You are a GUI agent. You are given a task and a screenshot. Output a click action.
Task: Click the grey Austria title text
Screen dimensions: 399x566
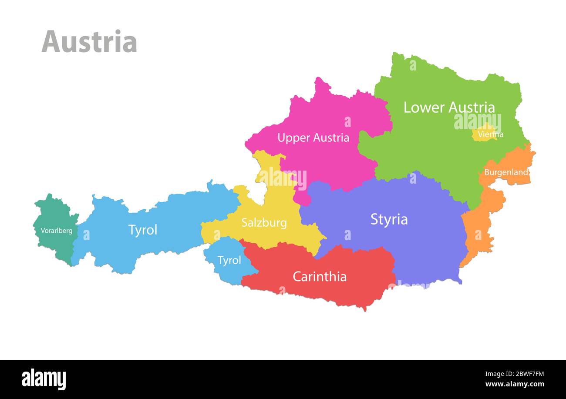(x=89, y=42)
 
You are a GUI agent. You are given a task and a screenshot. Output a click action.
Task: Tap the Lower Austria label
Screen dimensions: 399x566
(x=449, y=107)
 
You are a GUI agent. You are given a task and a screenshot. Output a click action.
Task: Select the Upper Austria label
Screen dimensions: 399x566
(x=313, y=138)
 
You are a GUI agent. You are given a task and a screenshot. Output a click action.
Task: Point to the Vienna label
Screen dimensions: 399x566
(x=490, y=134)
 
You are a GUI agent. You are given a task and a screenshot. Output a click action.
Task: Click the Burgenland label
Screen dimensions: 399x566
(x=506, y=172)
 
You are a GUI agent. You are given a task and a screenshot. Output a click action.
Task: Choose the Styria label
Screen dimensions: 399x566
(x=389, y=219)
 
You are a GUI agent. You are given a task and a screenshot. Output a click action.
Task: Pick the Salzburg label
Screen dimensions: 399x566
(x=264, y=223)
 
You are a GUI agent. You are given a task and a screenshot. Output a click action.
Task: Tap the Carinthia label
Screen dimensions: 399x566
(x=320, y=277)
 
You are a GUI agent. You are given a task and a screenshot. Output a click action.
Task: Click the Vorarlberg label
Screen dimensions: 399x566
(x=57, y=231)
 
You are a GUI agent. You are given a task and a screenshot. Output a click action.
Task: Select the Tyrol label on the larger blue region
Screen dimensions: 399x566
(x=142, y=230)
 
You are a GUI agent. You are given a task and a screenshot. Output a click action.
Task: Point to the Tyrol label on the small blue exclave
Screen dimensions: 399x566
(x=229, y=261)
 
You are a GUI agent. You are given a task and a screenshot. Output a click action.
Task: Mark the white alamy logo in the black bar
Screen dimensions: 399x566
(x=44, y=379)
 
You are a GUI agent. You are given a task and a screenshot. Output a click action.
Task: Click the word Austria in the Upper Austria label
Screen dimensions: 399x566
(x=329, y=138)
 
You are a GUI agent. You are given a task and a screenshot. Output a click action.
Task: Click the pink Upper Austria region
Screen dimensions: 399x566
(x=331, y=161)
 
